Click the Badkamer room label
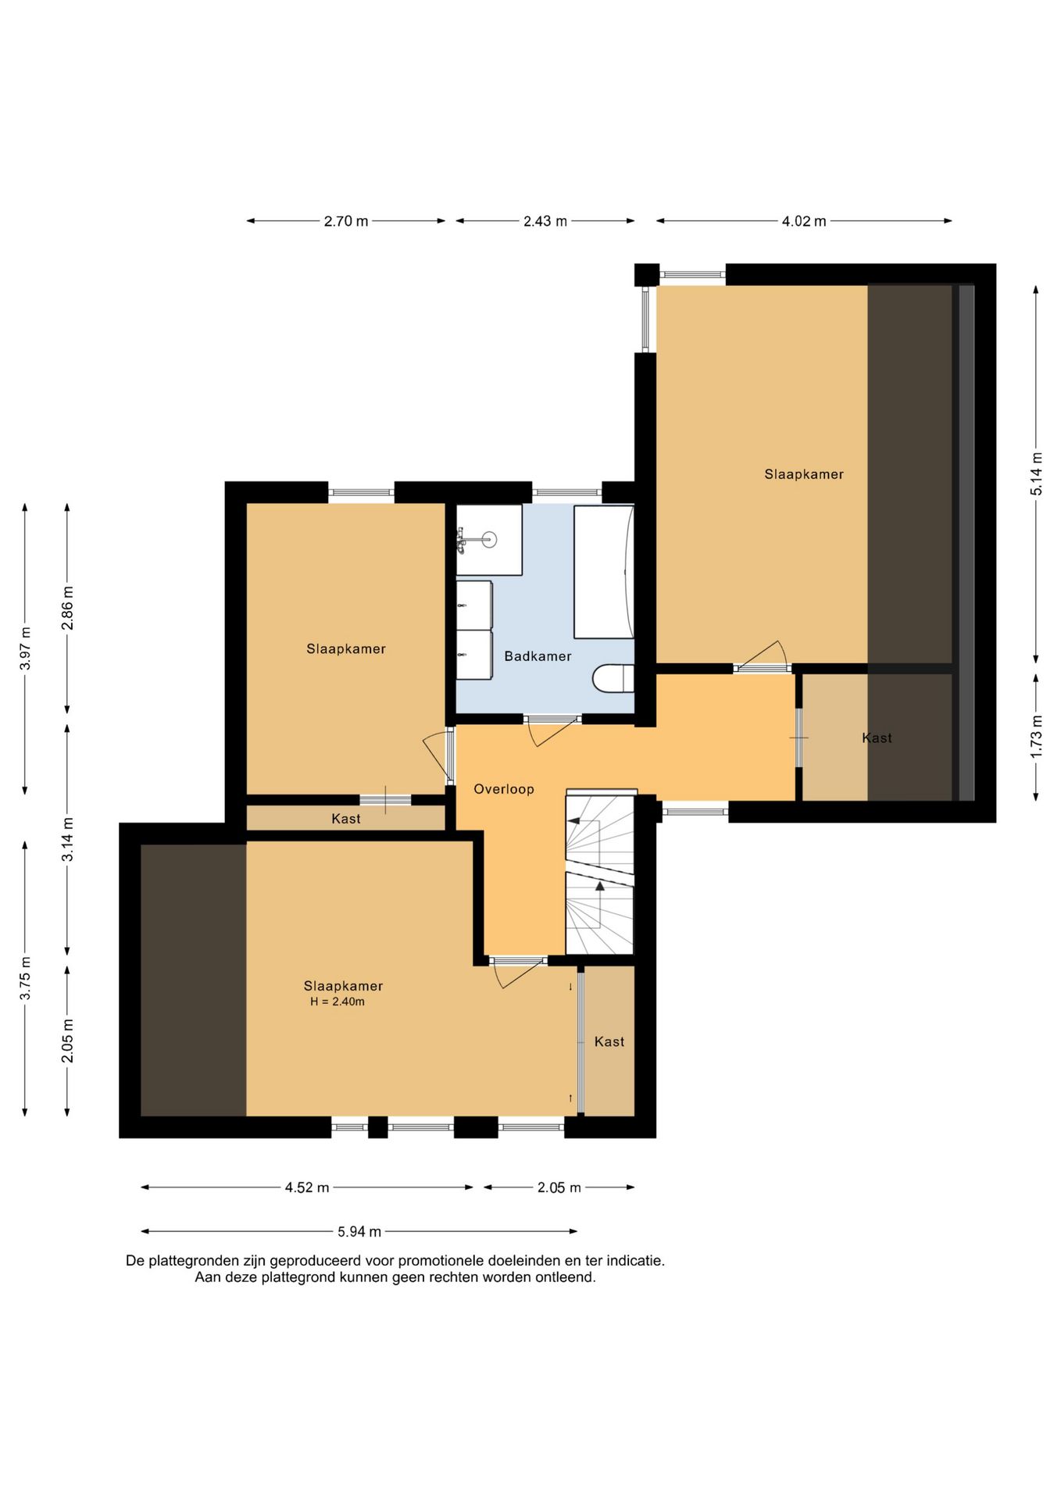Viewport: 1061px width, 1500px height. click(538, 656)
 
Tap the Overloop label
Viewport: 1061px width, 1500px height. click(504, 789)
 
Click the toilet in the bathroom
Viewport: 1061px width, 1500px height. click(613, 678)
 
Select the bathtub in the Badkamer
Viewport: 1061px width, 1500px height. click(603, 572)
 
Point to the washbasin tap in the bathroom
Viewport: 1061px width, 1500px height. click(462, 540)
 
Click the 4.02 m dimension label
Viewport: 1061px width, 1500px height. click(804, 221)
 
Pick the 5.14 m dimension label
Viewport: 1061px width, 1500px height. click(1036, 474)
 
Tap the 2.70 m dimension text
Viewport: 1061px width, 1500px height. click(346, 221)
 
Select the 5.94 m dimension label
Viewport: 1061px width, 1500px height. click(359, 1232)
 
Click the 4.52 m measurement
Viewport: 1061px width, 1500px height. click(307, 1187)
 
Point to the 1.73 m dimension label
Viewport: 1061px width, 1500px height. click(1036, 736)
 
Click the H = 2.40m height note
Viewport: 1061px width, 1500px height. click(338, 1002)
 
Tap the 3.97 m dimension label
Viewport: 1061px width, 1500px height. click(26, 648)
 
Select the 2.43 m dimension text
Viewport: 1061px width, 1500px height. click(545, 221)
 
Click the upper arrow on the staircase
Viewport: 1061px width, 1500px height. click(574, 821)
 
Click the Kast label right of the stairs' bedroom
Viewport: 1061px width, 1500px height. click(609, 1041)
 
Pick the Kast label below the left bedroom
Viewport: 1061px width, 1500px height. click(346, 819)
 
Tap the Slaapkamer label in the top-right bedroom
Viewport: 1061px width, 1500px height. click(804, 474)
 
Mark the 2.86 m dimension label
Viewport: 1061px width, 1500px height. click(68, 608)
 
